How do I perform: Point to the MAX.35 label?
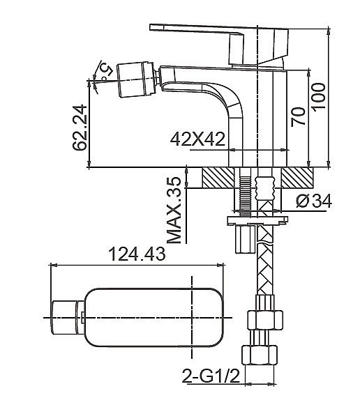[x=176, y=210]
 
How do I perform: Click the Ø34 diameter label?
[x=312, y=201]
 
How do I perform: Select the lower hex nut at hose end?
[x=257, y=356]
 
